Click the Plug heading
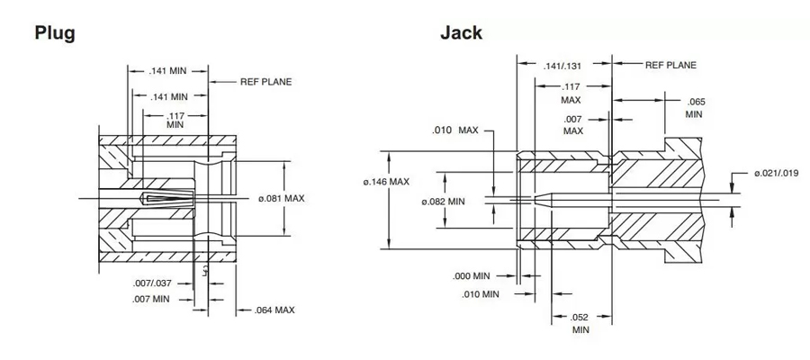(x=54, y=33)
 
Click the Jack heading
(x=461, y=33)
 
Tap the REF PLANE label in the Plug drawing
(x=265, y=81)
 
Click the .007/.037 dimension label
(x=152, y=283)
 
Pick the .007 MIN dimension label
(x=151, y=298)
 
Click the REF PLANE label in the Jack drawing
(x=670, y=66)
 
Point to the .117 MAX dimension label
(x=570, y=93)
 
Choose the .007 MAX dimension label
(x=573, y=124)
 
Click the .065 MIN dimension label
(x=694, y=107)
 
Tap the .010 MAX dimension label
(x=455, y=130)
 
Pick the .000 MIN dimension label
(x=472, y=275)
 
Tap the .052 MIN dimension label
(x=580, y=323)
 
